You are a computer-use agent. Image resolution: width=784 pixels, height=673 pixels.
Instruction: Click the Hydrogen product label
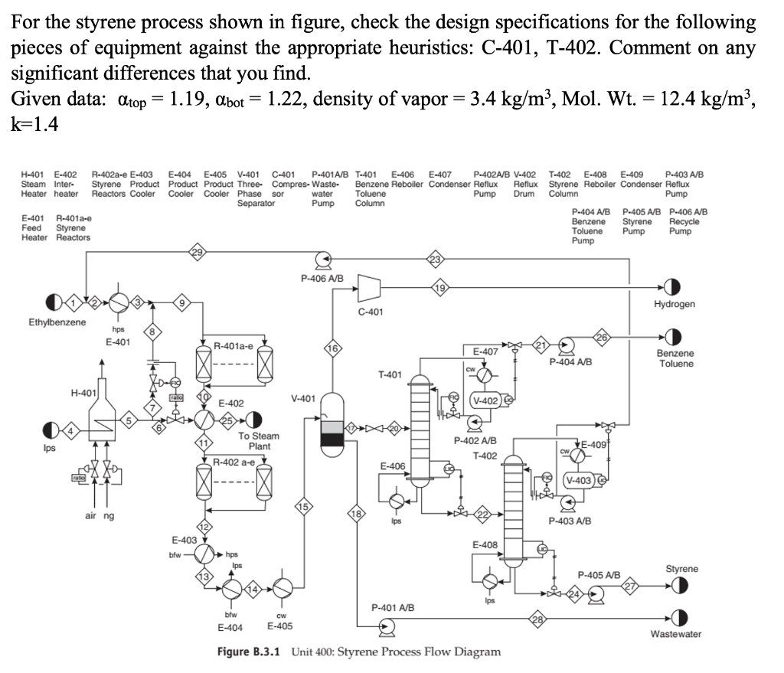coord(675,304)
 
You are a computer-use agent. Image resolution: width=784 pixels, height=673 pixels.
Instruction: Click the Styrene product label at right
coord(681,569)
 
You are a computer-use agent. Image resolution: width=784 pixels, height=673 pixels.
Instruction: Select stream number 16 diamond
coord(333,348)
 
